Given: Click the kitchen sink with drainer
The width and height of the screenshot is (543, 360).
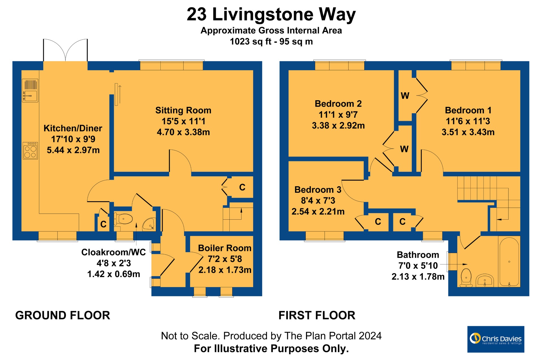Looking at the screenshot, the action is click(x=30, y=90).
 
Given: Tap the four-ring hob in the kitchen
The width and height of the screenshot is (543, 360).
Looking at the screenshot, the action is click(x=30, y=151).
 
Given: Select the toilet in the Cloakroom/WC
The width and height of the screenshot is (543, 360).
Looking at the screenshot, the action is click(x=123, y=219).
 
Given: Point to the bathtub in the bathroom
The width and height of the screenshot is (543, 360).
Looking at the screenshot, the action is click(x=509, y=262).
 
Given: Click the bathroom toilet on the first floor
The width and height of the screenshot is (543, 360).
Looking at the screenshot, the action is click(x=466, y=278).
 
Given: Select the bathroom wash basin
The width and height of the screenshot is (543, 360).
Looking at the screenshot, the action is click(x=485, y=280).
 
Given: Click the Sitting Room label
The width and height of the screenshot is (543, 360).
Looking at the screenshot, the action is click(x=183, y=110).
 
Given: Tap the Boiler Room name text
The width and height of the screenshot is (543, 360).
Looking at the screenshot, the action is click(x=225, y=248).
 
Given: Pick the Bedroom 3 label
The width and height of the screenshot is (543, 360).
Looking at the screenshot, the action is click(x=318, y=190).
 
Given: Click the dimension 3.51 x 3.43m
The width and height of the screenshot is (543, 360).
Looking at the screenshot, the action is click(x=468, y=132).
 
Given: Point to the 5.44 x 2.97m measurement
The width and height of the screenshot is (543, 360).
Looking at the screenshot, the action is click(x=73, y=150).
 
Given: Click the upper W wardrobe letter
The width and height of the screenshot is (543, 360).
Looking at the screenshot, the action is click(x=405, y=96).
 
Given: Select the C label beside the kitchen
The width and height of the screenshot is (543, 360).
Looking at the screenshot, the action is click(x=104, y=224).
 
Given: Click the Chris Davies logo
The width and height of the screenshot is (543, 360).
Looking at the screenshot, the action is click(x=496, y=339).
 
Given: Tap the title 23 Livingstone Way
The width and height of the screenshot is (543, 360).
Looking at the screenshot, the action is click(x=271, y=14).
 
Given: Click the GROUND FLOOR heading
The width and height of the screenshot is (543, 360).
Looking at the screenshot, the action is click(x=63, y=315).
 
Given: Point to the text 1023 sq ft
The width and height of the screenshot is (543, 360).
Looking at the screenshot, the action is click(x=251, y=42).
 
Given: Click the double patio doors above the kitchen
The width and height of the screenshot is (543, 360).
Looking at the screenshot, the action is click(x=65, y=50).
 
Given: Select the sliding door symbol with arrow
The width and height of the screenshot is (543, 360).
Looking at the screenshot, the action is click(x=118, y=95).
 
